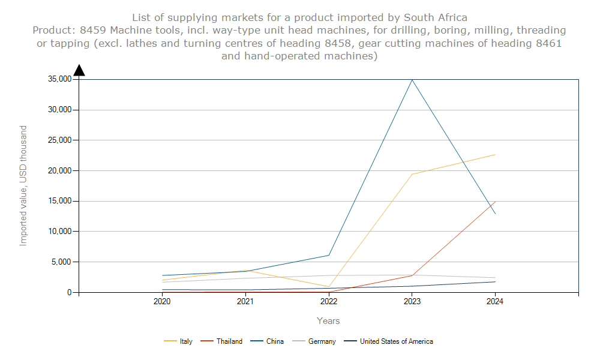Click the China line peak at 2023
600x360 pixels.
point(412,80)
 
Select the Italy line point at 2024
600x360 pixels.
point(495,155)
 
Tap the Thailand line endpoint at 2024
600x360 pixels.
point(495,202)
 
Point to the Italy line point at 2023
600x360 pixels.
point(412,174)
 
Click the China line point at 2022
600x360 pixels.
point(329,255)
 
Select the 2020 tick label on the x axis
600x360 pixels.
point(162,302)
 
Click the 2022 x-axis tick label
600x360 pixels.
point(329,302)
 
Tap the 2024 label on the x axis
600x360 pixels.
point(495,302)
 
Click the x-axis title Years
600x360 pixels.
point(329,321)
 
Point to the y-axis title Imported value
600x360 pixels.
point(23,185)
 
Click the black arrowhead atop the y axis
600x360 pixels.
point(79,70)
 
